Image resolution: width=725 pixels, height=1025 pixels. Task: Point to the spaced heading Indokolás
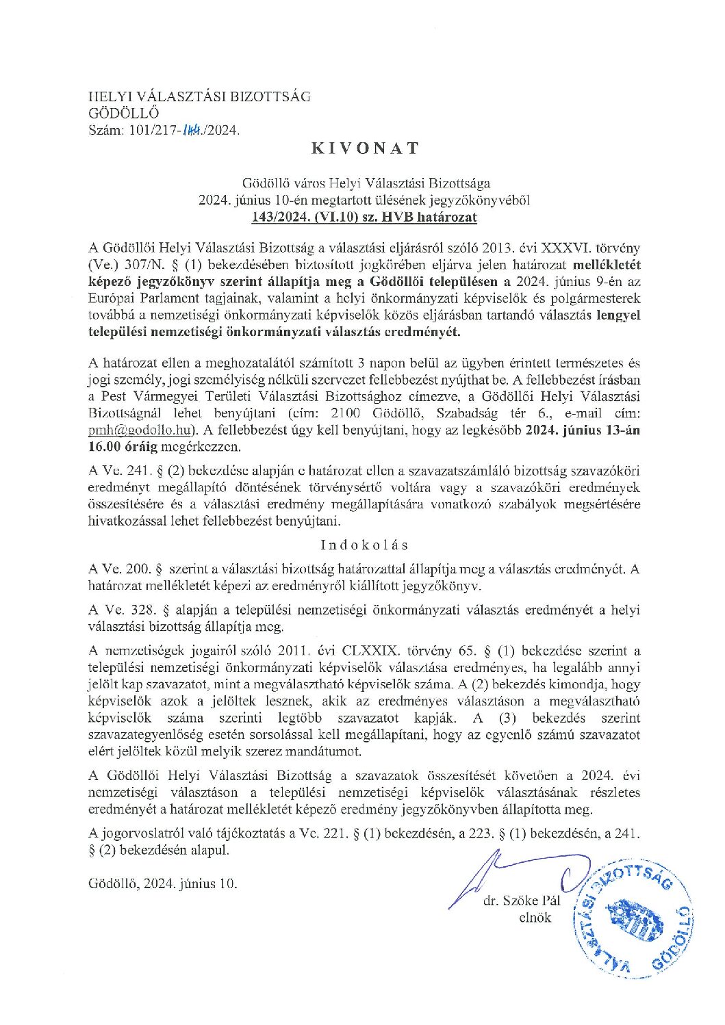tap(363, 545)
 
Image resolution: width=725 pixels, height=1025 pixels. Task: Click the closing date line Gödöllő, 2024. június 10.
tap(163, 883)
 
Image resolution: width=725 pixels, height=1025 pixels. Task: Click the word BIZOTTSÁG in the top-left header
tap(269, 96)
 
